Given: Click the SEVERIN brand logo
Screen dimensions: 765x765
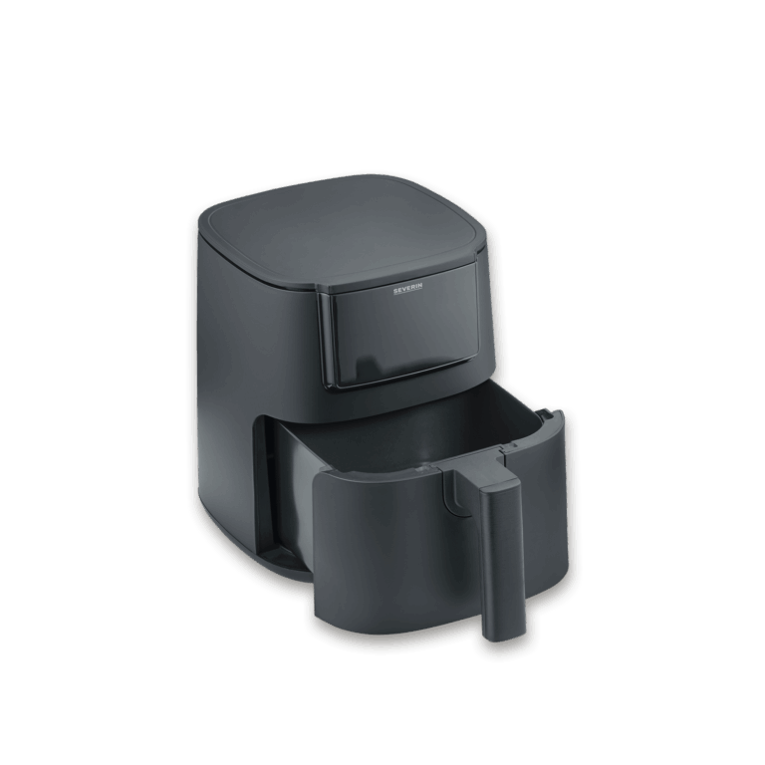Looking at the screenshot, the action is coord(407,291).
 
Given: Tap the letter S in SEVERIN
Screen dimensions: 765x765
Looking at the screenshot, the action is coord(395,292).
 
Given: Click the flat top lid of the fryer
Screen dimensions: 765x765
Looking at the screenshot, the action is coord(342,229).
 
